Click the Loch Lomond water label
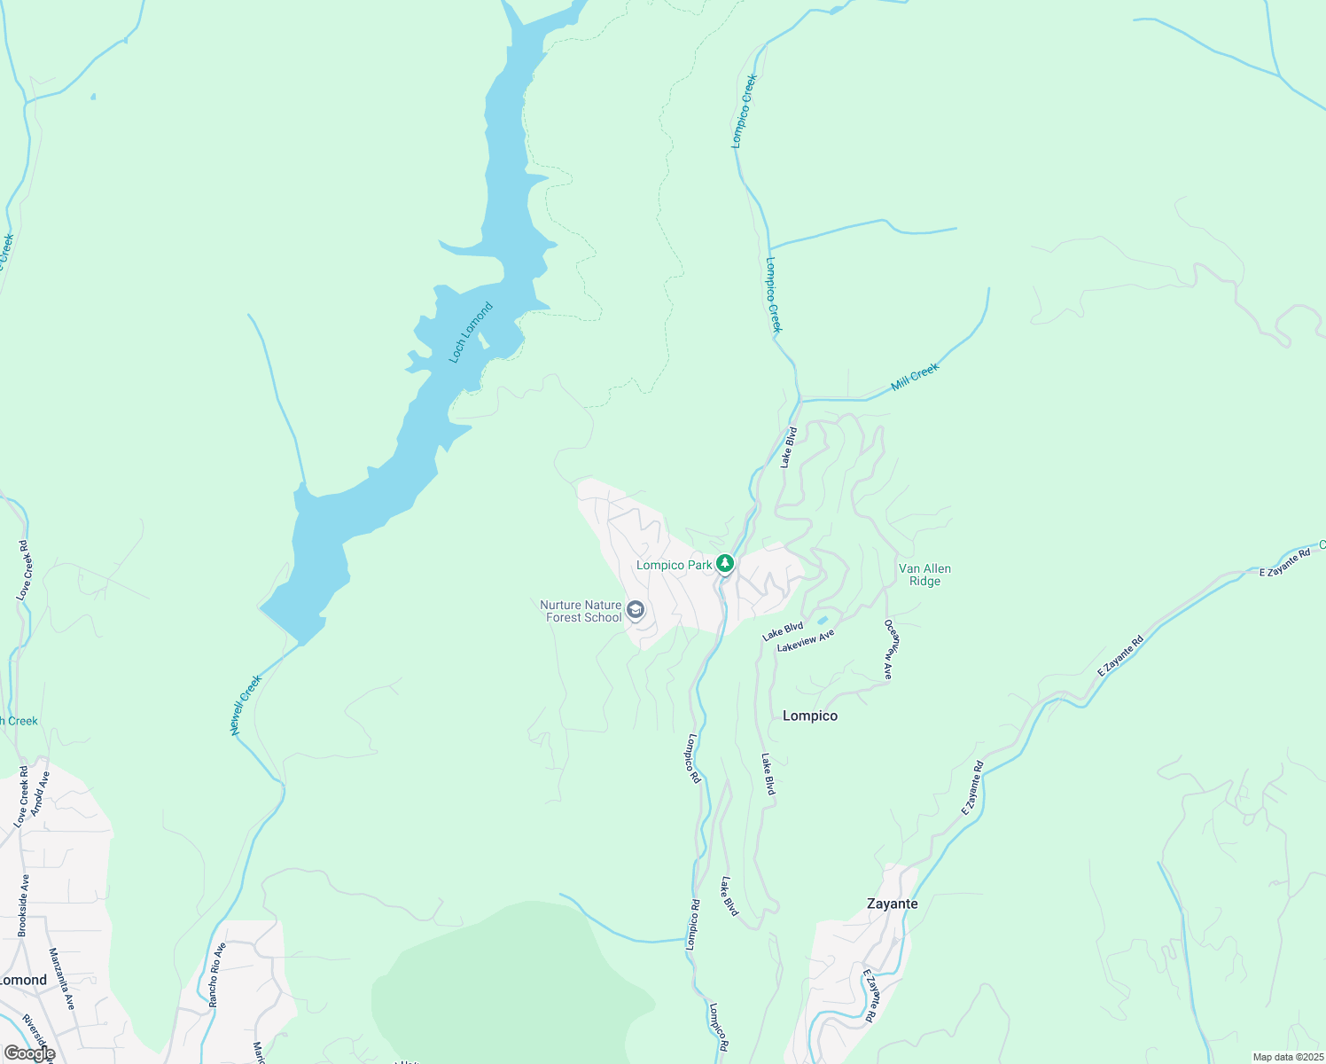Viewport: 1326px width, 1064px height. pyautogui.click(x=471, y=332)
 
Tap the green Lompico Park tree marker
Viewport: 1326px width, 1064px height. pyautogui.click(x=725, y=564)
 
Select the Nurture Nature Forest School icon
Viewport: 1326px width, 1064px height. pyautogui.click(x=636, y=610)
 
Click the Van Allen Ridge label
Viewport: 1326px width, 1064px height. pyautogui.click(x=924, y=575)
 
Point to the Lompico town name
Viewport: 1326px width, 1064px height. pyautogui.click(x=809, y=716)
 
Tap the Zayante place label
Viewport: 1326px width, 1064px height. pyautogui.click(x=892, y=904)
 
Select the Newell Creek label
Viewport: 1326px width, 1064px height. pyautogui.click(x=246, y=705)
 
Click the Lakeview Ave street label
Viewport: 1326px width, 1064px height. pyautogui.click(x=806, y=641)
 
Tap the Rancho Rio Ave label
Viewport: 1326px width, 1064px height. pyautogui.click(x=217, y=974)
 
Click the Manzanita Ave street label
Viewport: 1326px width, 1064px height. pyautogui.click(x=62, y=979)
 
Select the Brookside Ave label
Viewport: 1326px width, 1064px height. pyautogui.click(x=24, y=905)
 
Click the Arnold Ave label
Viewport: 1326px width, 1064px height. pyautogui.click(x=40, y=794)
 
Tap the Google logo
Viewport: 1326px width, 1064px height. pyautogui.click(x=29, y=1053)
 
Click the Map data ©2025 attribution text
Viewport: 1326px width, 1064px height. pyautogui.click(x=1287, y=1057)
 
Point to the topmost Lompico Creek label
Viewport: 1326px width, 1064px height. pyautogui.click(x=744, y=111)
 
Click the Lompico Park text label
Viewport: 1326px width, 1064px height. pyautogui.click(x=674, y=565)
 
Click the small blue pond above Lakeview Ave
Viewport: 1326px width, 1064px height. pyautogui.click(x=823, y=620)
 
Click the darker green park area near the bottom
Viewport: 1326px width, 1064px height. pyautogui.click(x=514, y=984)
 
